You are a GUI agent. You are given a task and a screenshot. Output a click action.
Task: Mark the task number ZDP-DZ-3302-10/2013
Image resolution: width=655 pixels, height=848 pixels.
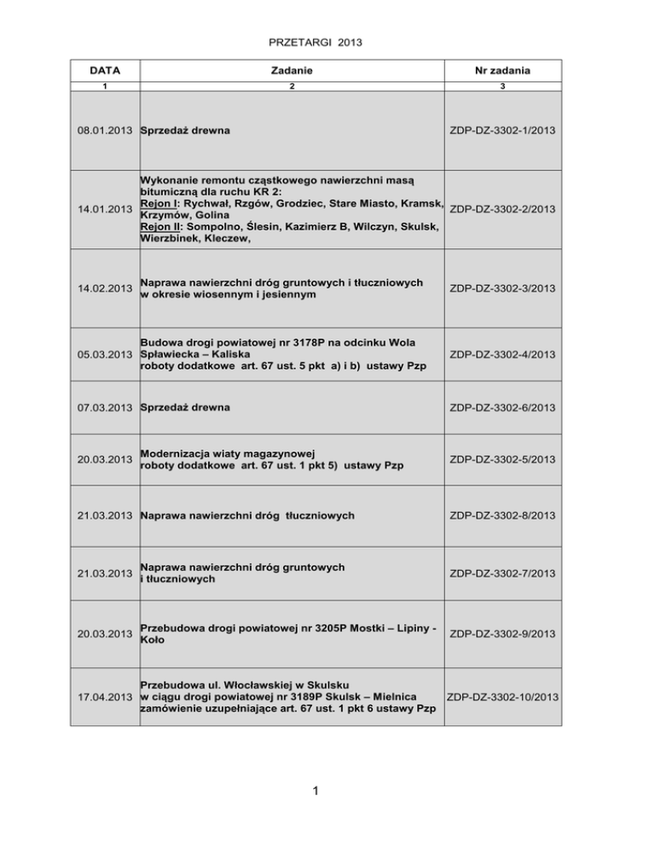[501, 697]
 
